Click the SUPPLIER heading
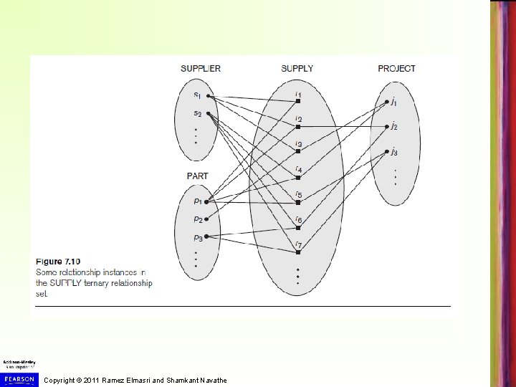201,69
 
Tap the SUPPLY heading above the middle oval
297,69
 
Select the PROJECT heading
396,69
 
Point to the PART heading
197,176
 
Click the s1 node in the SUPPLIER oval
207,96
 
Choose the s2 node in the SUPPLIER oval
207,113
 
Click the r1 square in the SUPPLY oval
297,101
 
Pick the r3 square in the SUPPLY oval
297,151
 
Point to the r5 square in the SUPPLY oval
297,201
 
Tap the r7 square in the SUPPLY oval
297,252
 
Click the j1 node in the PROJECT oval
386,102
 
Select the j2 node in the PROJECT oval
386,127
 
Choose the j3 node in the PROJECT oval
386,152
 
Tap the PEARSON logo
19,378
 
